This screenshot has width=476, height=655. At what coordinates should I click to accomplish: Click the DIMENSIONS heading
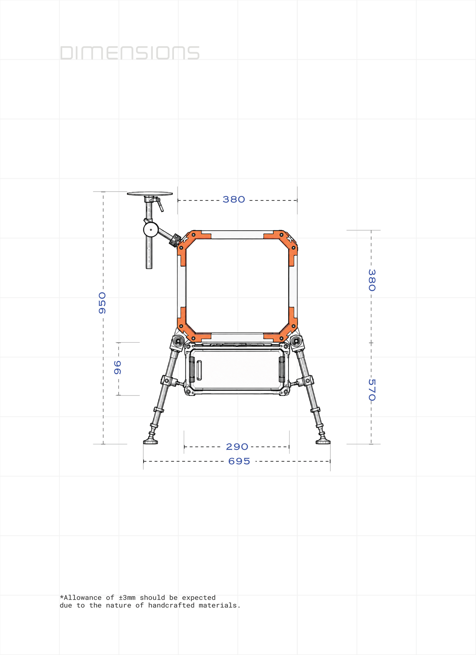coord(130,53)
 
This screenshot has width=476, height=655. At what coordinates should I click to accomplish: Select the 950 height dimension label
coord(102,303)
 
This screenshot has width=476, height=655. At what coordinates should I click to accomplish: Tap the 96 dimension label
coord(118,367)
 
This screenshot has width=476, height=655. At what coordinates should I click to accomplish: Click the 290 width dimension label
coord(237,447)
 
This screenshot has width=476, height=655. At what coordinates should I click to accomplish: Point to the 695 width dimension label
coord(239,461)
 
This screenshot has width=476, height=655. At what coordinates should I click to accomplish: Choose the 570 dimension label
coord(372,390)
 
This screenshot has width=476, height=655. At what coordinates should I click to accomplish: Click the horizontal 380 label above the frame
coord(234,200)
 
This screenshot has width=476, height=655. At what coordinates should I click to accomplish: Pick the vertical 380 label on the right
coord(372,280)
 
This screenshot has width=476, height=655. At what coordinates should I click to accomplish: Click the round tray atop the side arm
coord(150,194)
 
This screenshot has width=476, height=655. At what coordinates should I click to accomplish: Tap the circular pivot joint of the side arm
coord(151,229)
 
